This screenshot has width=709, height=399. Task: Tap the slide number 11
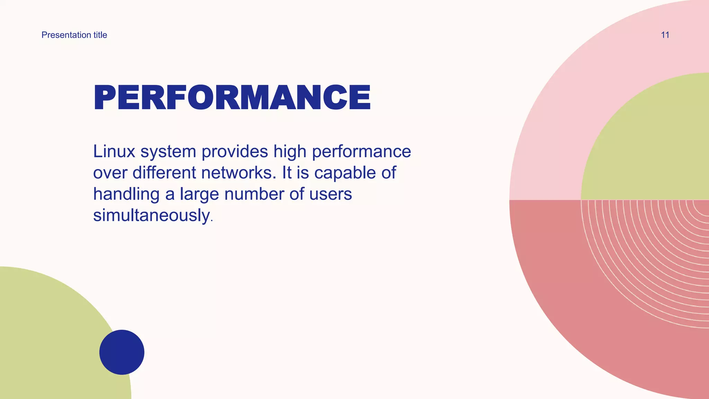[x=665, y=35]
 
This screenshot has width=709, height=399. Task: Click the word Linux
[x=114, y=152]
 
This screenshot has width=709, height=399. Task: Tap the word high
[x=290, y=152]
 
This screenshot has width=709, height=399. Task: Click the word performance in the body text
[x=361, y=152]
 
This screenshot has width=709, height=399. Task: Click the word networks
[x=239, y=173]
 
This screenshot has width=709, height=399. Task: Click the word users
[x=331, y=194]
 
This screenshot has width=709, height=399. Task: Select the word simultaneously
[x=152, y=215]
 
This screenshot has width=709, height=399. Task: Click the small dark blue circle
[x=122, y=352]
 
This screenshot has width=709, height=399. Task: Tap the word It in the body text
[x=287, y=173]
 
